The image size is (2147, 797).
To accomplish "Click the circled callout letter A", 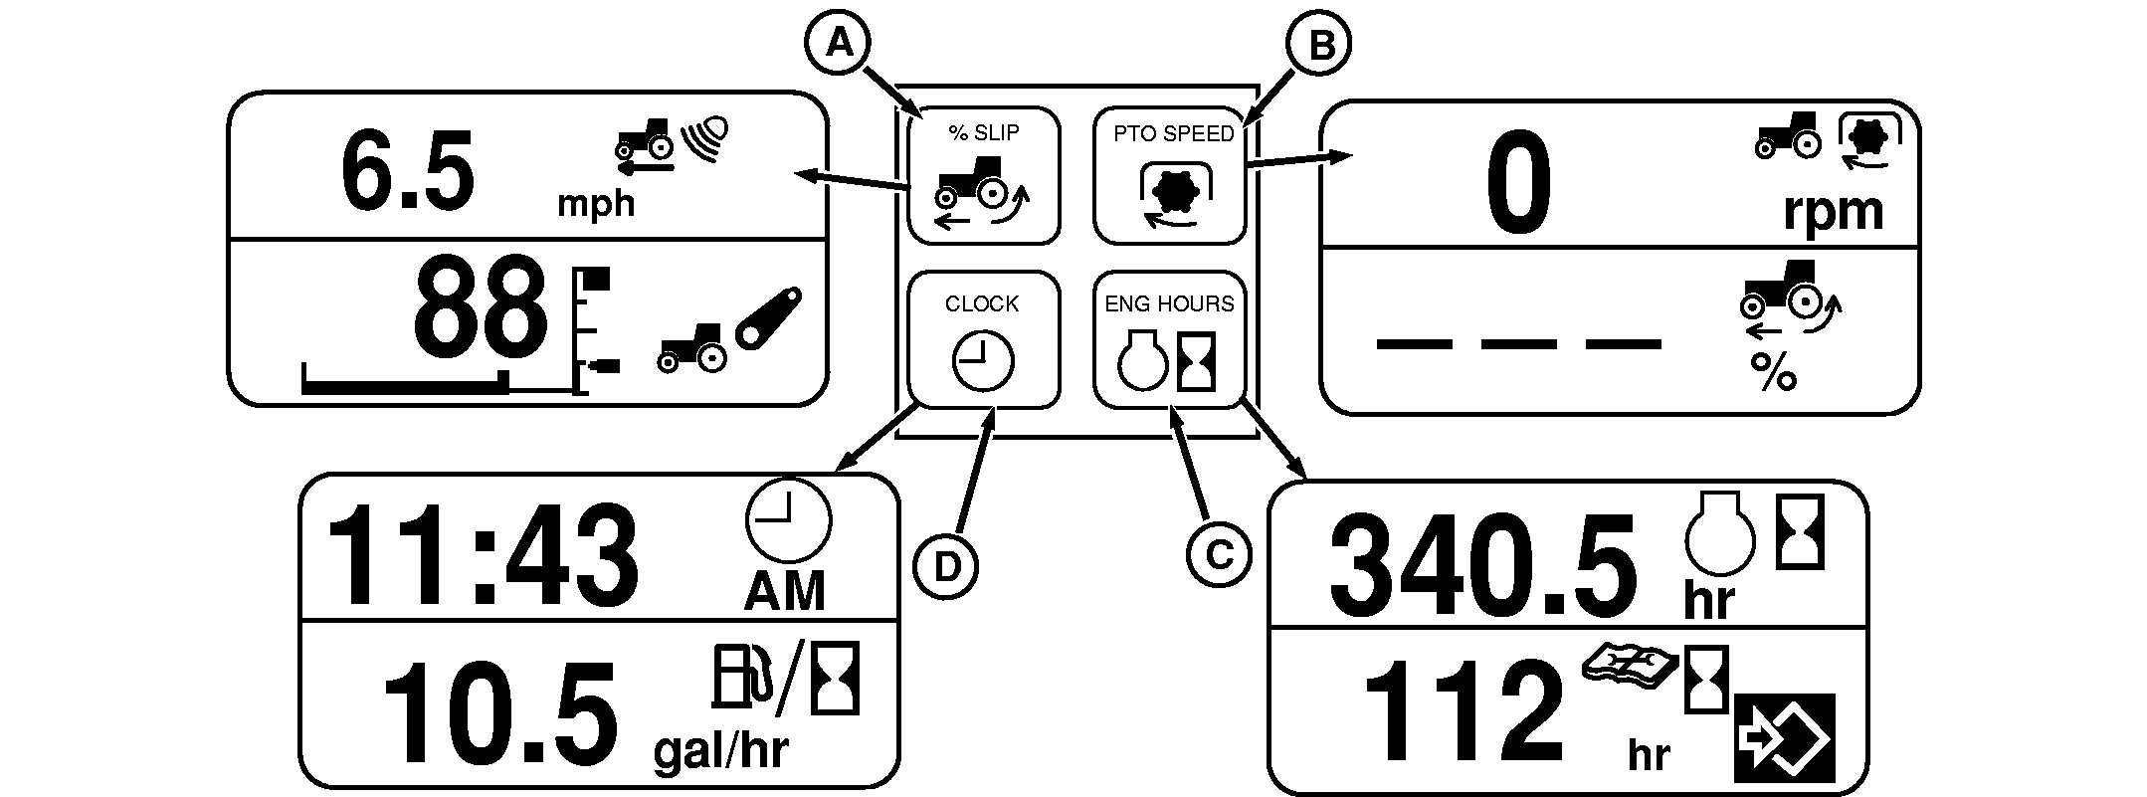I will (840, 43).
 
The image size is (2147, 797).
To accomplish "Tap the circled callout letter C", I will (1219, 554).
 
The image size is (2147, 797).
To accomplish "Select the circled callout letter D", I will (946, 567).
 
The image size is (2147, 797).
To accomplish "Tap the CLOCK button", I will (983, 340).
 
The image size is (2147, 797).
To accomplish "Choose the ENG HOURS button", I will (1169, 340).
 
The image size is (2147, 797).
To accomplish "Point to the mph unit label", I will (595, 203).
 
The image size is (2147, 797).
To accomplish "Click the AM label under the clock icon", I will (785, 592).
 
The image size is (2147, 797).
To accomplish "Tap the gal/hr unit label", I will (720, 750).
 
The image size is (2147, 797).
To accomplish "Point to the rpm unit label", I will (1833, 211).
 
